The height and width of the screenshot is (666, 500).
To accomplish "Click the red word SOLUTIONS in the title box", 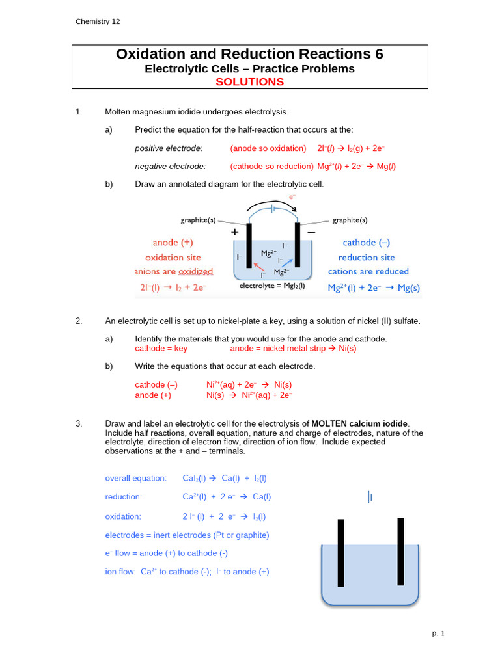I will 249,82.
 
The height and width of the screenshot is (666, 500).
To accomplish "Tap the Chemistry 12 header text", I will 98,21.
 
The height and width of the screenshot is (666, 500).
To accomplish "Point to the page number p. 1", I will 437,633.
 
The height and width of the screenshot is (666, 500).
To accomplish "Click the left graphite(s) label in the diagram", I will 198,220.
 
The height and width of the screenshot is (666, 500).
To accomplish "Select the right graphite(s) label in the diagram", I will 350,220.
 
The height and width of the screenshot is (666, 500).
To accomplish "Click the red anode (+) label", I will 173,243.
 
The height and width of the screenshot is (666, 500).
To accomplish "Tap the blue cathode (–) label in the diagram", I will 366,243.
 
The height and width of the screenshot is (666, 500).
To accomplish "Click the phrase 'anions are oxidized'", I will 174,271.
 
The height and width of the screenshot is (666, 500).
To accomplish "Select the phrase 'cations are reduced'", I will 368,271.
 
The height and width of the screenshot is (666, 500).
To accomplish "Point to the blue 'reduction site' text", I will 367,257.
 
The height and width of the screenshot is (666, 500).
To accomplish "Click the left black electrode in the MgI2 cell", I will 249,248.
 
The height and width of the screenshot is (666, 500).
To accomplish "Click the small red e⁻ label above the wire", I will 292,196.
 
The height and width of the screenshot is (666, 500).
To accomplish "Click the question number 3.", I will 79,424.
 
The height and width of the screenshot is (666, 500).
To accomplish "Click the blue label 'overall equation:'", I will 135,478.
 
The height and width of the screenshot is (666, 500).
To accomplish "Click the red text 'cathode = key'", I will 161,348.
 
